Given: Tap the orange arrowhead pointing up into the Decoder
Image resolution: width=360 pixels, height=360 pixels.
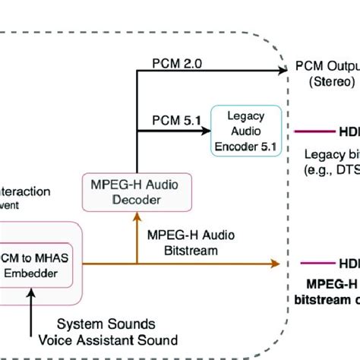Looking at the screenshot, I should point(136,216).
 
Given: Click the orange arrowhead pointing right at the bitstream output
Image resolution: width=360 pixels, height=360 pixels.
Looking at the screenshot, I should point(273,264).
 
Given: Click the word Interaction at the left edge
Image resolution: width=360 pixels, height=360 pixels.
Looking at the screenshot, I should point(27,191).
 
